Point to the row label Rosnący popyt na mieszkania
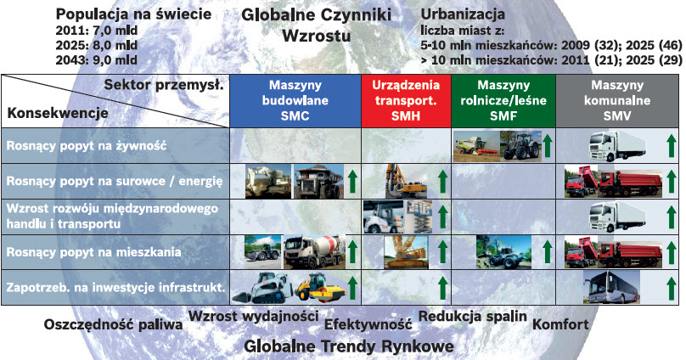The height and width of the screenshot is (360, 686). (x=91, y=251)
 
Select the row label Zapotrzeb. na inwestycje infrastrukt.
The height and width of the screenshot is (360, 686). (x=115, y=287)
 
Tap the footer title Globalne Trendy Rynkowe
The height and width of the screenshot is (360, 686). (x=348, y=346)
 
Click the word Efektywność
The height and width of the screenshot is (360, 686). (x=368, y=324)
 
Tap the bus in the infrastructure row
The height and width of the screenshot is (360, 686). (x=611, y=287)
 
